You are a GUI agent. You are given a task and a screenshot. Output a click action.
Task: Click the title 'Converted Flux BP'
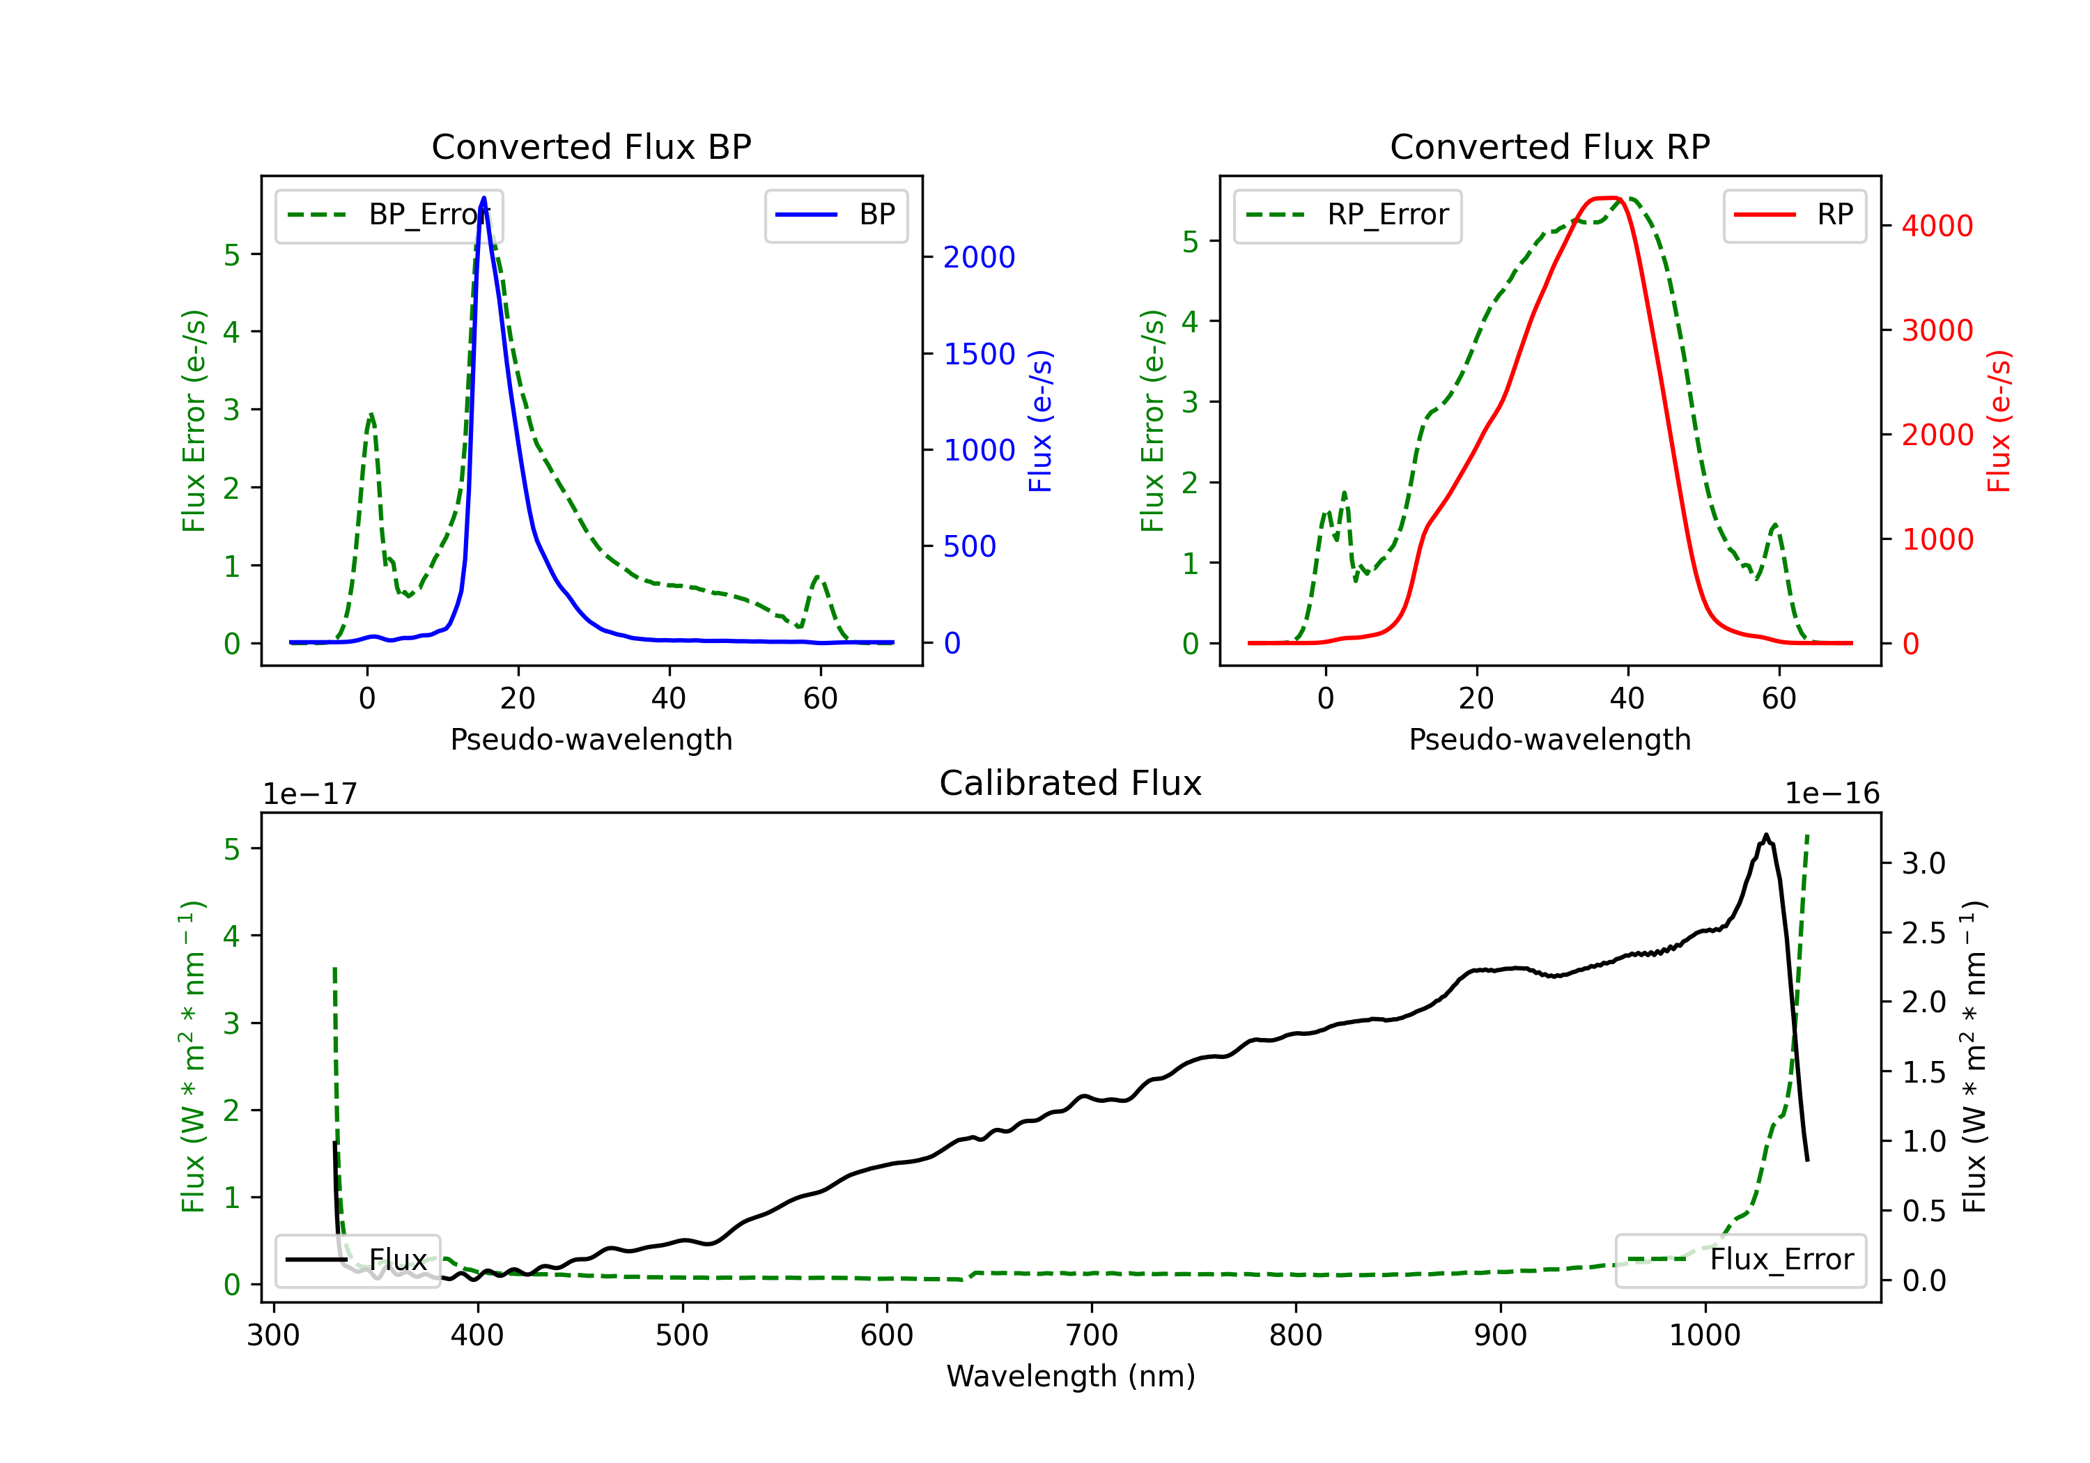coord(591,146)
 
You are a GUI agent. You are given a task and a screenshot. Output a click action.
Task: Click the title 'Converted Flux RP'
coord(1550,146)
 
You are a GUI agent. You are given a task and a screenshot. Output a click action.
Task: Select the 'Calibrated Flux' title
coord(1071,783)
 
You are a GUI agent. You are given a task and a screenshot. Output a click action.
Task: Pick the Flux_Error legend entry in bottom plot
coord(1740,1260)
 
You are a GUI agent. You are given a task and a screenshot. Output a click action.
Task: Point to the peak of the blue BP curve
coord(483,198)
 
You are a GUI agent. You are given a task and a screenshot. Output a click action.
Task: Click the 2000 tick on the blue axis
coord(979,258)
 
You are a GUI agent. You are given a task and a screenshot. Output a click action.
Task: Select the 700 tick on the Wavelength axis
coord(1092,1336)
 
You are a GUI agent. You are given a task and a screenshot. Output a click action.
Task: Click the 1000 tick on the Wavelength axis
coord(1705,1336)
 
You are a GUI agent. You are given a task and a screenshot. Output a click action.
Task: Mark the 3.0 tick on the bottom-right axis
coord(1923,863)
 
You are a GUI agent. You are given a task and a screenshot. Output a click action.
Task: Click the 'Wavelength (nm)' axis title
coord(1071,1377)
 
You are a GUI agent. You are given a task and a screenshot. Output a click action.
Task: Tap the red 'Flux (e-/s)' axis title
coord(1999,421)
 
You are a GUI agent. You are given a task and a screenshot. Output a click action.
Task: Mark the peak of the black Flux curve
coord(1766,835)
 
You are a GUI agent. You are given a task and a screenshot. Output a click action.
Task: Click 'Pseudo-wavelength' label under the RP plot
coord(1550,739)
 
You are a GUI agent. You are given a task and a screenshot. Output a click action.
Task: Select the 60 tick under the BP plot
coord(820,698)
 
